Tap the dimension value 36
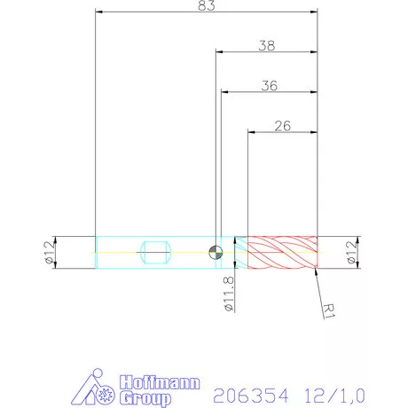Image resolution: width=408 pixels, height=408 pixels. [x=270, y=85]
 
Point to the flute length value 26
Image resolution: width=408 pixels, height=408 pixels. [x=283, y=125]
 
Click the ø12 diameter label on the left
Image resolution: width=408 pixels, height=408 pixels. [x=50, y=253]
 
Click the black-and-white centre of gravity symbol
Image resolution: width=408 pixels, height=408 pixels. [x=215, y=253]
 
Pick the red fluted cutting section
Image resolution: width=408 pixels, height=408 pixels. [x=281, y=253]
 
